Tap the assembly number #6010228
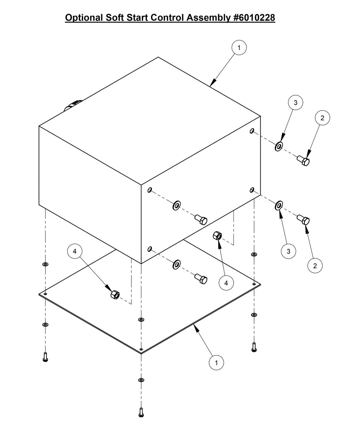click(x=254, y=17)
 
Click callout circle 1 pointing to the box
click(x=239, y=48)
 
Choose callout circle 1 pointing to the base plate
click(x=216, y=363)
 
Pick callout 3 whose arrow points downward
click(x=296, y=103)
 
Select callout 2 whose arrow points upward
click(x=315, y=266)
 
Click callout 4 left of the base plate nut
click(x=75, y=251)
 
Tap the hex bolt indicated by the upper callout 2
click(x=303, y=160)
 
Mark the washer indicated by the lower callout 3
click(x=279, y=206)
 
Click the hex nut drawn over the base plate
click(x=115, y=295)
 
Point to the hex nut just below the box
click(x=217, y=235)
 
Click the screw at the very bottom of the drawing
click(x=141, y=412)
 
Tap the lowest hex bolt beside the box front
click(x=201, y=278)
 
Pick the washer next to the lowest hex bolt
click(x=177, y=265)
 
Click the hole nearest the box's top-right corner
click(x=252, y=131)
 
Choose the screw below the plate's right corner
click(x=254, y=347)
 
